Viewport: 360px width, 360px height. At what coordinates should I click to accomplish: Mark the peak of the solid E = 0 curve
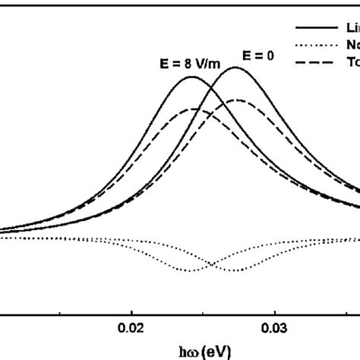click(x=236, y=68)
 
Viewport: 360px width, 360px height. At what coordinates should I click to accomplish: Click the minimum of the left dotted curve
click(x=189, y=271)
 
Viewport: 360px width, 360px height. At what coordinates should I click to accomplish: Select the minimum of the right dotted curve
click(x=236, y=272)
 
